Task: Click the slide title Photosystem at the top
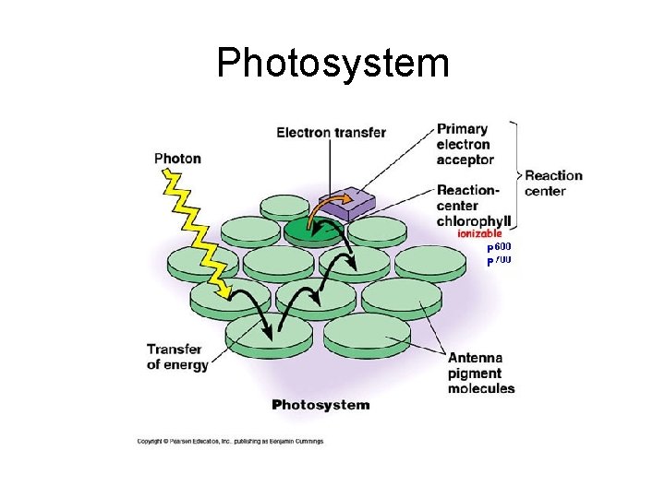coord(332,64)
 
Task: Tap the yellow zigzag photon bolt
coord(199,231)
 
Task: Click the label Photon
coord(177,158)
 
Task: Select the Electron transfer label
coord(331,133)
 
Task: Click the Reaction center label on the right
coord(553,183)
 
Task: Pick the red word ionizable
coord(479,234)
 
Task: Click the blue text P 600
coord(499,247)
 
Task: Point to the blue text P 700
coord(499,261)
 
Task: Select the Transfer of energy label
coord(176,357)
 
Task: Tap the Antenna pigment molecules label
coord(480,373)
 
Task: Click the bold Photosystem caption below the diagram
coord(320,405)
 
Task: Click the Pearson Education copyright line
coord(230,442)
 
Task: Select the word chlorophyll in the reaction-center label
coord(475,221)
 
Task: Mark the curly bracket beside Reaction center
coord(518,174)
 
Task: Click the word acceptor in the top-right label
coord(465,160)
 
